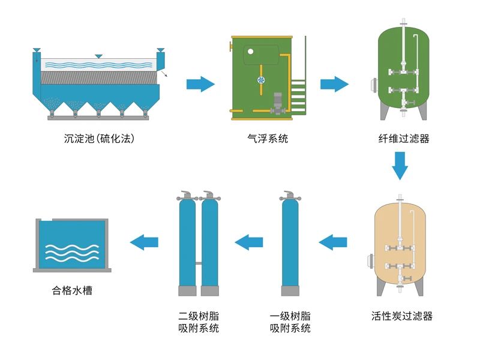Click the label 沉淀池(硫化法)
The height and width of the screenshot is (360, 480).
98,139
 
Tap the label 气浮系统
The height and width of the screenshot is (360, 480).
268,139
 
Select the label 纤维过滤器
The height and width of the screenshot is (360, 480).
400,139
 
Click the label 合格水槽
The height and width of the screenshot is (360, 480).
72,292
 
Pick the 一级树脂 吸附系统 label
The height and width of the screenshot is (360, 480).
290,322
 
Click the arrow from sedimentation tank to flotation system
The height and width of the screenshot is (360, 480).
200,84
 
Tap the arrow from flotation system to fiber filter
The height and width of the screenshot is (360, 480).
334,84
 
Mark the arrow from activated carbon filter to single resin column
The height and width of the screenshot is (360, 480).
333,242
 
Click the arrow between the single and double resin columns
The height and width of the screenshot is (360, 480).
249,242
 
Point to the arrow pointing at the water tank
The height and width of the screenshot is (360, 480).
144,242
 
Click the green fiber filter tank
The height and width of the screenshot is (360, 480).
401,69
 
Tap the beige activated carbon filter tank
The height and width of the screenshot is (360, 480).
399,246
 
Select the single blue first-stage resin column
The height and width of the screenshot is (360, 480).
291,243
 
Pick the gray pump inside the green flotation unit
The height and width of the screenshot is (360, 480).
278,103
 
